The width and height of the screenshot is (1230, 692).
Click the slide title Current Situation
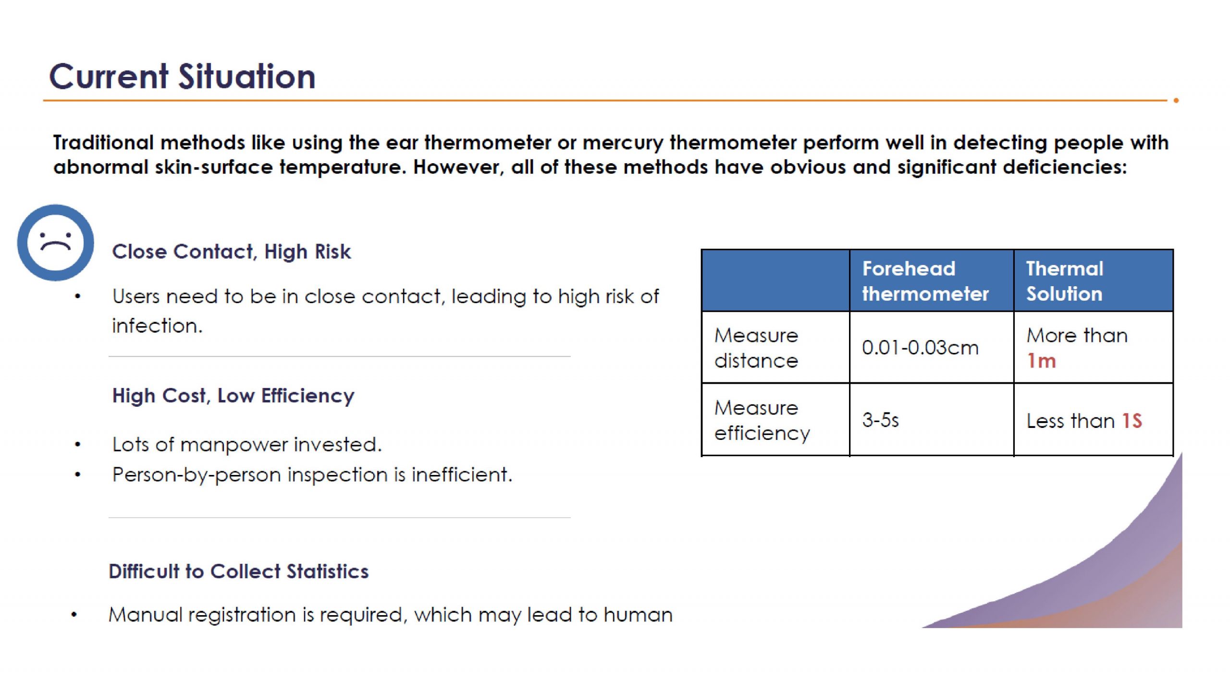[182, 76]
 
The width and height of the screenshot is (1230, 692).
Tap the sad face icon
[56, 243]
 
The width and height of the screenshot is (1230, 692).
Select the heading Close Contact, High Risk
[231, 252]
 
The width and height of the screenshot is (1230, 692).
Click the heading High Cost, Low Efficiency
[233, 396]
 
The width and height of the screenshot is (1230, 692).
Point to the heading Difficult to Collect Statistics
[238, 571]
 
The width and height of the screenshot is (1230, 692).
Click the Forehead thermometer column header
[925, 281]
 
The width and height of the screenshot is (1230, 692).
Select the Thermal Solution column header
[1065, 281]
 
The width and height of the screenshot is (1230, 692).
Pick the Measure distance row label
[756, 348]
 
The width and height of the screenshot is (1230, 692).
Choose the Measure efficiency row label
[762, 420]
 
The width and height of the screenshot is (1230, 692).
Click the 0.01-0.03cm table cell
[920, 347]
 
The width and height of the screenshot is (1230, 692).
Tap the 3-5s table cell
[880, 420]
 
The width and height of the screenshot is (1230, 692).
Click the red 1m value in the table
[1041, 361]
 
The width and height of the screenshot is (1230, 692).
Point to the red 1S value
[1132, 421]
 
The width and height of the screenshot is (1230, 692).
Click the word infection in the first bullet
[157, 326]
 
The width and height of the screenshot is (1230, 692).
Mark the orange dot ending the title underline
[1176, 100]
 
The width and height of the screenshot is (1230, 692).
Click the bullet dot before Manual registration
[74, 615]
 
